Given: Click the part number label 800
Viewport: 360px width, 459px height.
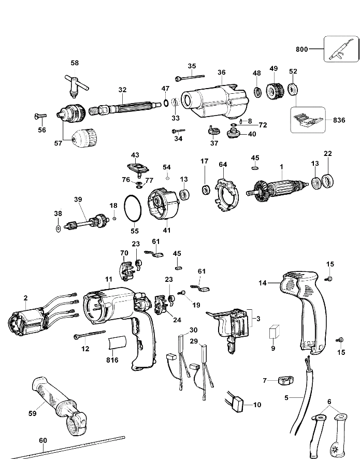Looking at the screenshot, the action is click(x=302, y=49).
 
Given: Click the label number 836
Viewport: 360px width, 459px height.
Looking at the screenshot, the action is click(x=339, y=120).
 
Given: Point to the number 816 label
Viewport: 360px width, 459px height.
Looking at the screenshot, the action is click(x=112, y=360).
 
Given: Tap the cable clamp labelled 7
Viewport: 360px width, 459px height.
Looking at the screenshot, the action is click(x=285, y=381).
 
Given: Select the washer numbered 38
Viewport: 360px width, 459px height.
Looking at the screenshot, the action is click(x=58, y=228).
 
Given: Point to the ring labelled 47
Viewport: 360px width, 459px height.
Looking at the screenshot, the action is click(x=165, y=103).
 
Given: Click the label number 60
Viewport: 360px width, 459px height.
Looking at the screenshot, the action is click(x=43, y=440).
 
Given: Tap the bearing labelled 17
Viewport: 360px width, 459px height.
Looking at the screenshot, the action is click(x=206, y=190).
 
